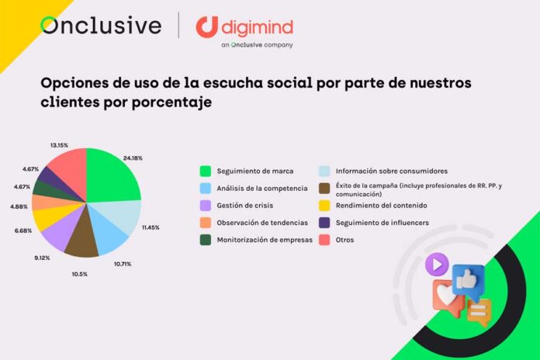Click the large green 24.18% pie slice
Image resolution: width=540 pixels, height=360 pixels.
pos(112,178)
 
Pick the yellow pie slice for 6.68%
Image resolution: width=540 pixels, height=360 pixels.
pos(48,219)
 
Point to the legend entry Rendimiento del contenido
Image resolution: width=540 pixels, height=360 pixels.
pos(382,205)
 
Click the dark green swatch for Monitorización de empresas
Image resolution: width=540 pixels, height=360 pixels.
pos(206,240)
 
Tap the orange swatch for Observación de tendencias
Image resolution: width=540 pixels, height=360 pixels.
pos(206,223)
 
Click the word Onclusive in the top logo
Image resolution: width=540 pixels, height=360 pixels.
pos(101,26)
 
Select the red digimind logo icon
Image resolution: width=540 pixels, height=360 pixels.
pos(206,27)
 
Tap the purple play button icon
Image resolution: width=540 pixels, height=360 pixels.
pos(436,265)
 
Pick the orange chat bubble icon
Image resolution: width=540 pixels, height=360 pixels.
pos(479,312)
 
